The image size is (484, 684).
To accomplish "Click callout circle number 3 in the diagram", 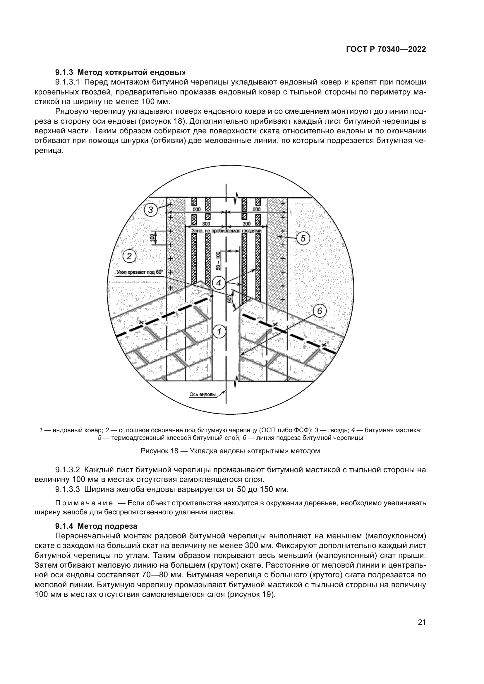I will (x=151, y=210).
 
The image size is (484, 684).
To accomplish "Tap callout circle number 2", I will (x=129, y=256).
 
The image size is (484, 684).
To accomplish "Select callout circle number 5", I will (x=303, y=238).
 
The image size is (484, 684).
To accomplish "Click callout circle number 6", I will (x=320, y=311).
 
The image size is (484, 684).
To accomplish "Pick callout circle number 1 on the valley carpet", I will (x=219, y=331).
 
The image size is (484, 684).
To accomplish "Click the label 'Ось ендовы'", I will (x=202, y=394).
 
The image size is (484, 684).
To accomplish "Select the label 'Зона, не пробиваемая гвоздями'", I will (x=226, y=230).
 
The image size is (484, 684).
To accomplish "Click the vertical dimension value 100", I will (x=152, y=238).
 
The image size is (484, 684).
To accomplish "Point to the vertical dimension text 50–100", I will (x=218, y=261).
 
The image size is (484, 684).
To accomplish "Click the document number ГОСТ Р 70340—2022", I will (x=386, y=49).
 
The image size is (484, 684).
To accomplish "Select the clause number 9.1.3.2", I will (x=67, y=470).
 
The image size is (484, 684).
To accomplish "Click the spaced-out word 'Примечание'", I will (x=84, y=503).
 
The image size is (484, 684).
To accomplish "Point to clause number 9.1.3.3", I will (x=67, y=489).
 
